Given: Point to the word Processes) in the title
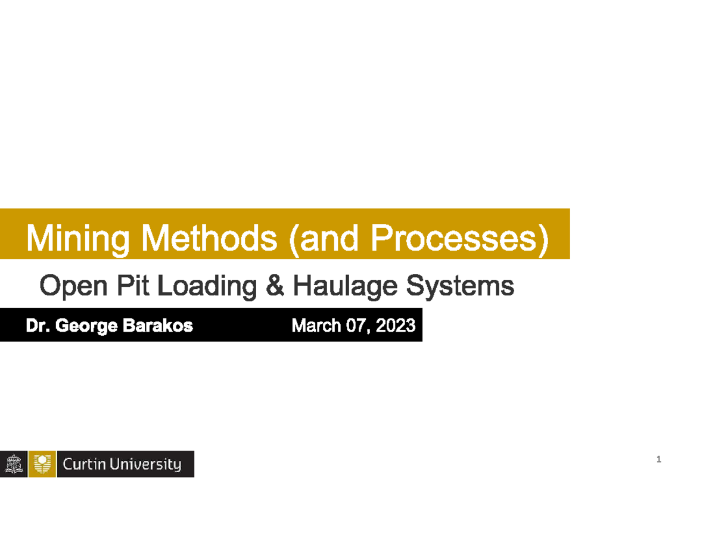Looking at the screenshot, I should point(459,239).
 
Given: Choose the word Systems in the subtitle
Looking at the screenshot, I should point(459,287).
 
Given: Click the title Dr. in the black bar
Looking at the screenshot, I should point(36,326).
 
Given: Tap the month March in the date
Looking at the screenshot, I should point(312,326).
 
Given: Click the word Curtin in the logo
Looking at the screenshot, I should point(84,464).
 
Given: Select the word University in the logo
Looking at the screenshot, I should point(146,464).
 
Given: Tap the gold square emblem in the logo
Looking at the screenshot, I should point(42,464).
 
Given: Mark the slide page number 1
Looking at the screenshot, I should point(658,460).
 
